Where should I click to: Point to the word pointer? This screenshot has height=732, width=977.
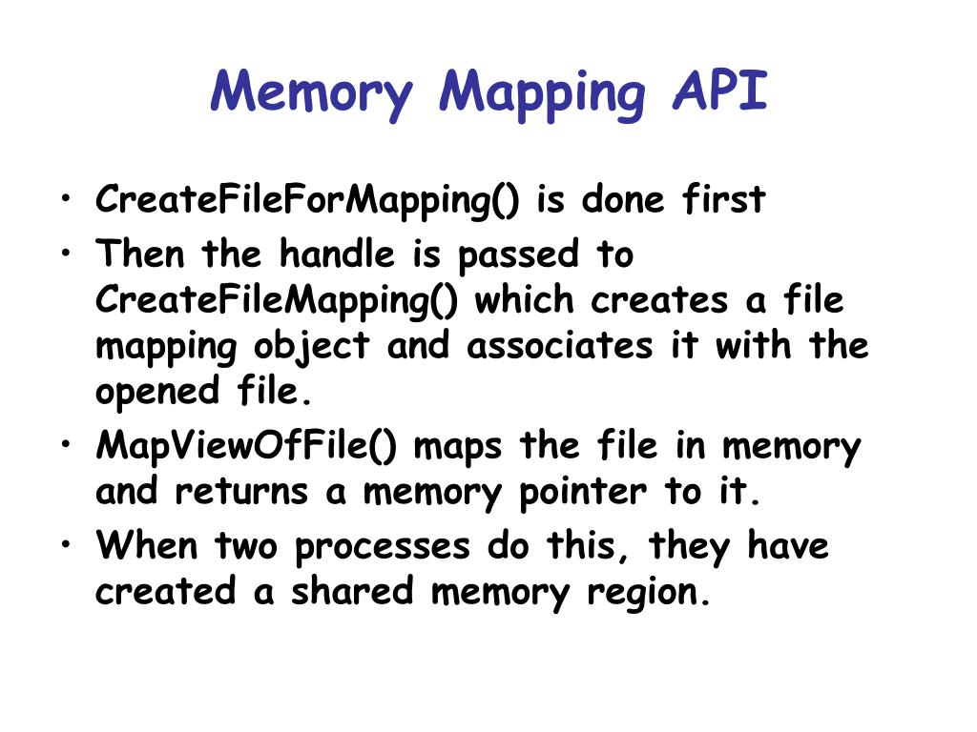click(583, 493)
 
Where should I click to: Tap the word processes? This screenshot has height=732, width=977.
click(381, 547)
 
